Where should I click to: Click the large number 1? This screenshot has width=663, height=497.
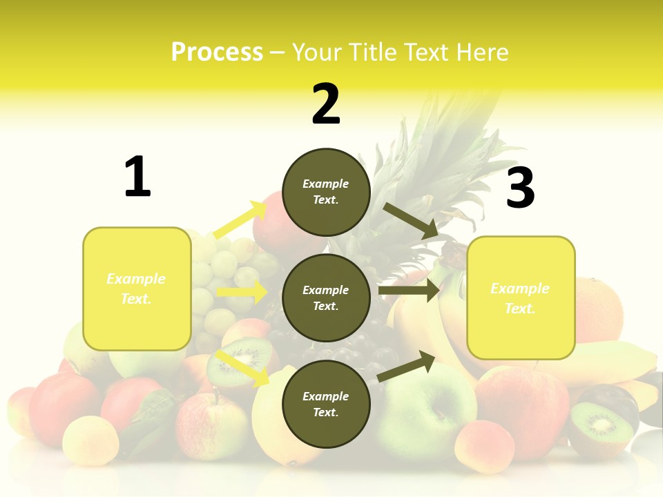click(137, 177)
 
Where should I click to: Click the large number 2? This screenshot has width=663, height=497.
click(326, 104)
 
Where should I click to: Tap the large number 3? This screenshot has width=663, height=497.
click(520, 188)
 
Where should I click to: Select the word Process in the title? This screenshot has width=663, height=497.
click(217, 52)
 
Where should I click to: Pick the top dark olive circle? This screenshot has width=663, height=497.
click(326, 192)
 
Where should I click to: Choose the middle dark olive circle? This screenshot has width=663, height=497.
click(326, 298)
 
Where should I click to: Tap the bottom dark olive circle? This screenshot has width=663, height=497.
click(326, 404)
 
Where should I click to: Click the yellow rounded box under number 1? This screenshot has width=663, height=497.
click(137, 289)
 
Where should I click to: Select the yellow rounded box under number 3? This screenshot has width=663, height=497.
click(521, 298)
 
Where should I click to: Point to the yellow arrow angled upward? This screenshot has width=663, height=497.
click(240, 220)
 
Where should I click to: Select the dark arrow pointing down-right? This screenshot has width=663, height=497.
click(410, 220)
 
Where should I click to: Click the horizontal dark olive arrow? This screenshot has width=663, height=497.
click(408, 291)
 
